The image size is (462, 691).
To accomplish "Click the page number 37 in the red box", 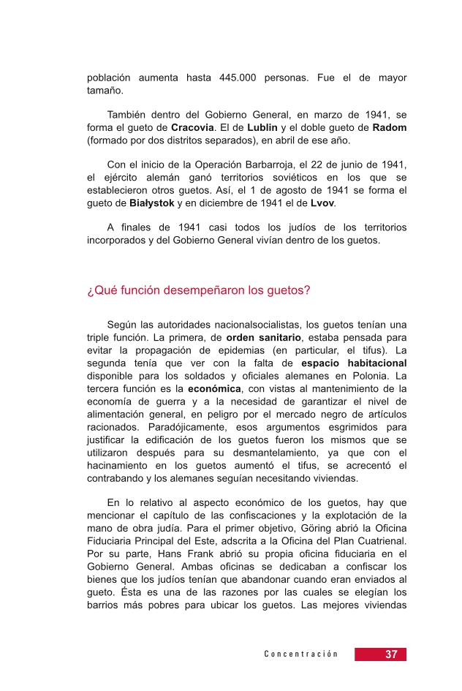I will pos(391,654).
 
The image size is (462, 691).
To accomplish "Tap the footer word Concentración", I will pos(301,654).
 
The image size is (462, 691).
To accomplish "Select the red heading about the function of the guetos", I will pos(198,290).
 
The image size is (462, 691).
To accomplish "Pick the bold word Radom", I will pos(390,127).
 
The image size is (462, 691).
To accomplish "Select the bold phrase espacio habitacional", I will pos(354,363).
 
